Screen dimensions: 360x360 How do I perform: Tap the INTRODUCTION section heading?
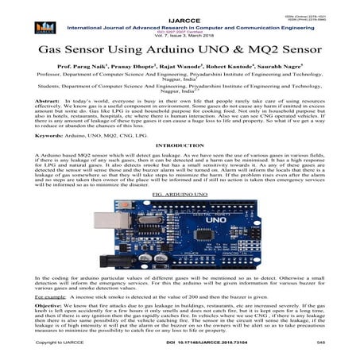click(180, 149)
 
